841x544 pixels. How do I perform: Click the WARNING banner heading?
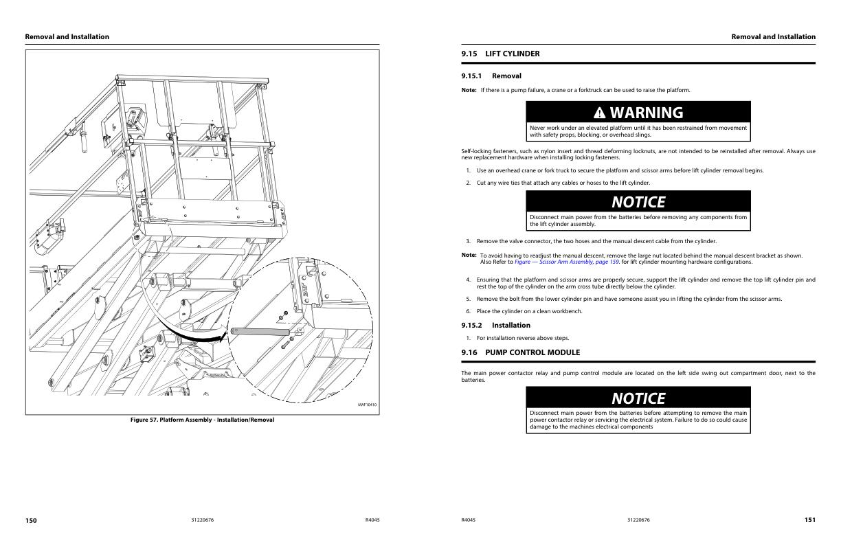(646, 113)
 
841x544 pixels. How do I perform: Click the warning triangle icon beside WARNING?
(600, 113)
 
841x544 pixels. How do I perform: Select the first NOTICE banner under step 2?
(638, 202)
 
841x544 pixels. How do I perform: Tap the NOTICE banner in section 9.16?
(638, 398)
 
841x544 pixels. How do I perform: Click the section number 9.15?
(469, 54)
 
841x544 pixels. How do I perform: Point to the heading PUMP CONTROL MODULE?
(532, 352)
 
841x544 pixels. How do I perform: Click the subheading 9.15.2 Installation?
(495, 326)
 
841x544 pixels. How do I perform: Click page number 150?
(31, 521)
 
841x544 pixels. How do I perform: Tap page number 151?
(810, 521)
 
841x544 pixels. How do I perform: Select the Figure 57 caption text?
(202, 420)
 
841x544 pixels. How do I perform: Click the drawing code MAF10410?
(367, 405)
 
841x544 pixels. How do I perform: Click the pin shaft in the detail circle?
(260, 332)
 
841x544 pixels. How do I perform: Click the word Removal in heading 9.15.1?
(506, 76)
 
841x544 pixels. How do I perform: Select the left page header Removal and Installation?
(67, 37)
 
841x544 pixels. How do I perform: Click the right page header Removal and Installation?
(774, 37)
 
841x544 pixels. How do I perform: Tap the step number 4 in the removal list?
(468, 280)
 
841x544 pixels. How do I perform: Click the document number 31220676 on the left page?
(202, 521)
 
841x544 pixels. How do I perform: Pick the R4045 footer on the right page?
(468, 521)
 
